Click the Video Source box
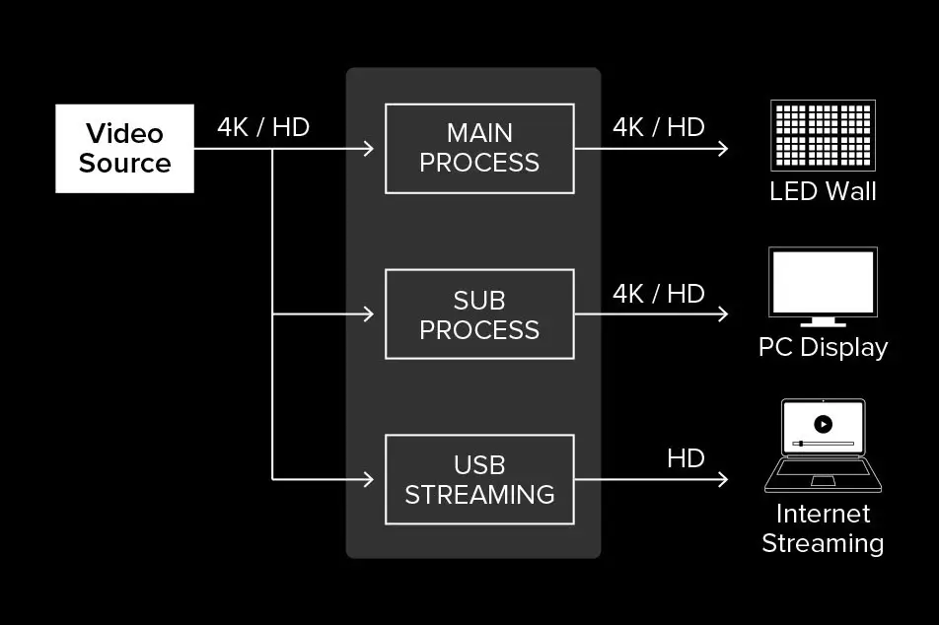pos(124,149)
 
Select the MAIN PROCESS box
pos(479,148)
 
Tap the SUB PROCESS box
pos(479,314)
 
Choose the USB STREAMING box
pos(479,479)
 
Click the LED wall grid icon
pos(823,136)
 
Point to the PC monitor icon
pos(823,284)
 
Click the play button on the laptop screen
pos(823,424)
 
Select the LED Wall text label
pos(823,191)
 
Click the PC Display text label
pos(823,348)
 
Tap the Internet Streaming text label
pos(823,528)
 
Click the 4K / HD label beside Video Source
pos(263,127)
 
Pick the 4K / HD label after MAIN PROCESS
pos(659,127)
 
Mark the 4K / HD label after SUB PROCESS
pos(659,294)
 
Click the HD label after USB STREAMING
pos(686,458)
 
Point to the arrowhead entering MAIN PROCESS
pos(369,149)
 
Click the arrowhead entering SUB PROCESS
pos(369,314)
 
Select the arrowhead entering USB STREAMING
pos(369,479)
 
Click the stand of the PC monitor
pos(823,321)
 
